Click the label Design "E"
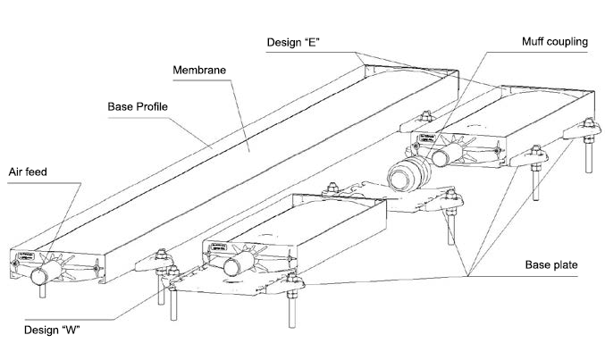(x=296, y=42)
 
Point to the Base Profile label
(x=138, y=106)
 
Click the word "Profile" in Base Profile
(x=152, y=106)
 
